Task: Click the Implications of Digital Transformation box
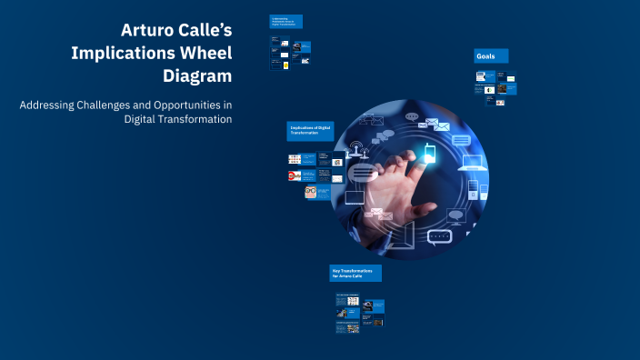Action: click(310, 131)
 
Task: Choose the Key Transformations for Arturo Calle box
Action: click(355, 273)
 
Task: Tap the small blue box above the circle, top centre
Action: click(285, 21)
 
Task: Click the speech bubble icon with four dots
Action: click(440, 237)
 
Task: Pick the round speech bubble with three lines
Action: click(362, 173)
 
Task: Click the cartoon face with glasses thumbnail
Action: click(310, 193)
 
